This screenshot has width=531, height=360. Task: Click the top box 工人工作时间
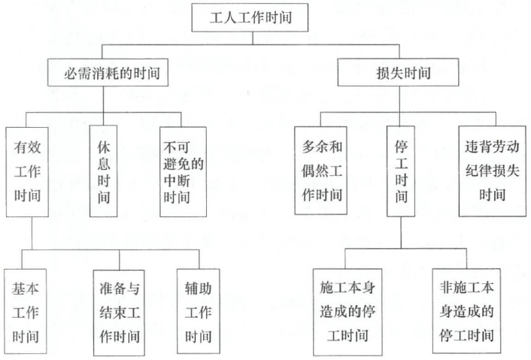coord(250,17)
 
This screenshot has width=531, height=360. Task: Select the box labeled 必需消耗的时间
coord(108,72)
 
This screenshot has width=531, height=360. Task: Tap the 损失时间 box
coord(399,72)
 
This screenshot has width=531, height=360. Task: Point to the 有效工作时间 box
coord(27,172)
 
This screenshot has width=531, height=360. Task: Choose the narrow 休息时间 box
coord(103,171)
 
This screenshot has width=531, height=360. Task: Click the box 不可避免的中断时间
coord(183,172)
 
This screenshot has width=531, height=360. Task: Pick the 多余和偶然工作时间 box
coord(320,171)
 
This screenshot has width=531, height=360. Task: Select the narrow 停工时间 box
coord(401,171)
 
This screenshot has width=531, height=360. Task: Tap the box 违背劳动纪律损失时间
coord(493,171)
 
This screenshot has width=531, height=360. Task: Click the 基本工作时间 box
coord(26,311)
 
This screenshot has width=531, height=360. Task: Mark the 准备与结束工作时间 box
coord(119,313)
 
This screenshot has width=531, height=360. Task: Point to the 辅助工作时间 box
coord(198,311)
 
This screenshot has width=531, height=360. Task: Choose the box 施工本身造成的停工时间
coord(347,312)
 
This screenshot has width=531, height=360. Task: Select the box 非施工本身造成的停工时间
coord(466,311)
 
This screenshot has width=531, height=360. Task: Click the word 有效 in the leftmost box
coord(27,147)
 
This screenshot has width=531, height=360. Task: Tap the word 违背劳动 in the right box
coord(492,147)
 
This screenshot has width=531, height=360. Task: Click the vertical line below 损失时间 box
coord(399,99)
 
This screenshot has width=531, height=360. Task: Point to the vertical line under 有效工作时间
coord(32,234)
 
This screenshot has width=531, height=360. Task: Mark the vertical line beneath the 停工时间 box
coord(402,232)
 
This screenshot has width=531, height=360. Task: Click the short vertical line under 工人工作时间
coord(253,38)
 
